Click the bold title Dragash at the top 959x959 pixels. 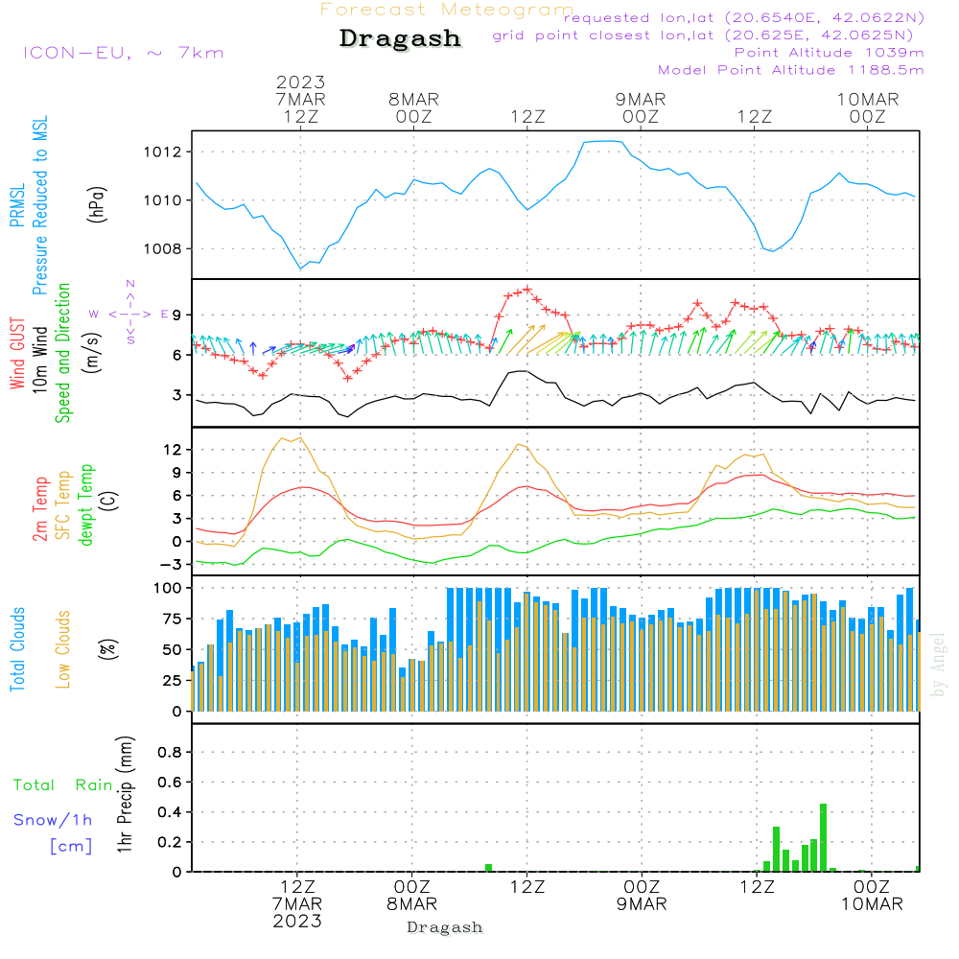pos(400,39)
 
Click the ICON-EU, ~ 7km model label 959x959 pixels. pos(123,53)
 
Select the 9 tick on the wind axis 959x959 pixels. pos(178,316)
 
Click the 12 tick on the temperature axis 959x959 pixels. pos(175,450)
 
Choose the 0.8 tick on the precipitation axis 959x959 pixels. pos(171,753)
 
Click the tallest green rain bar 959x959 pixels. pos(823,837)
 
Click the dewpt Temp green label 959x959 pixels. pos(85,504)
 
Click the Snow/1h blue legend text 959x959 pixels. pos(53,820)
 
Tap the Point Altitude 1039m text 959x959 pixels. pos(829,52)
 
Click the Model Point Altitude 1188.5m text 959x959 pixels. pos(790,70)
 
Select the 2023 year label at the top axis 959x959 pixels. pos(301,82)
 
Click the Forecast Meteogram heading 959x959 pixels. pos(447,10)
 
